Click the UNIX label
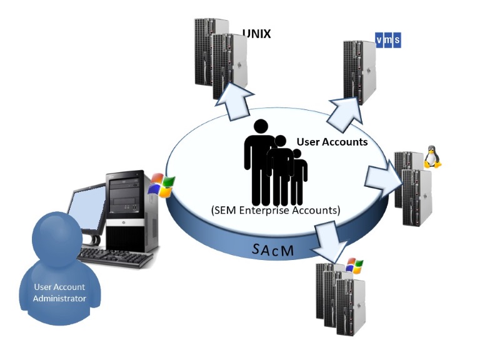coord(256,34)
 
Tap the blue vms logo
coord(387,40)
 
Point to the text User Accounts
coord(331,142)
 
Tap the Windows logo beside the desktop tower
coord(161,186)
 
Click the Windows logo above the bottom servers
coord(354,266)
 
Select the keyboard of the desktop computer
coord(116,256)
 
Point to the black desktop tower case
coord(128,209)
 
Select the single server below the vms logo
coord(359,72)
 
